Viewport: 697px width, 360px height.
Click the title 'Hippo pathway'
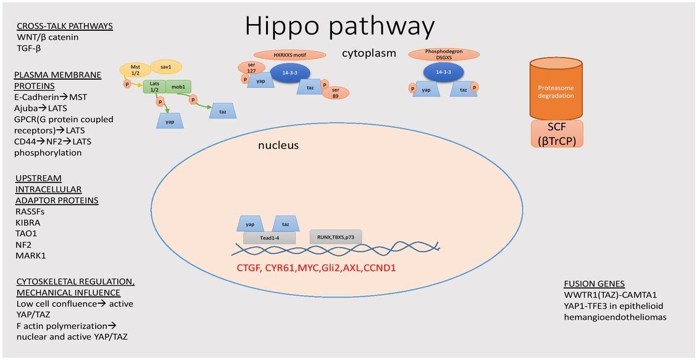coord(340,26)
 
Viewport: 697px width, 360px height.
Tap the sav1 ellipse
coord(165,67)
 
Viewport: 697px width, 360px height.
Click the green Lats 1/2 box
coord(154,87)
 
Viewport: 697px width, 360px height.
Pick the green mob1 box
coord(178,87)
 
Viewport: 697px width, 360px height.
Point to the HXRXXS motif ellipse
coord(290,55)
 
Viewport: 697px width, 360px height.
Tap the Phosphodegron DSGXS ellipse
coord(443,54)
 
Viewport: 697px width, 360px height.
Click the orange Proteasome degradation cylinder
coord(557,90)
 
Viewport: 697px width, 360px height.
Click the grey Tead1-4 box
coord(269,238)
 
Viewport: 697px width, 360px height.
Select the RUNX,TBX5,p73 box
coord(335,237)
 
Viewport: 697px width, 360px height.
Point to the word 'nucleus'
coord(278,146)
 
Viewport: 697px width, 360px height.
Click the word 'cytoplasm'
coord(369,53)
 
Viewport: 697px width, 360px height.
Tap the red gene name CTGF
coord(250,269)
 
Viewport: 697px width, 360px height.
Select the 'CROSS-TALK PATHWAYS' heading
coord(64,26)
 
